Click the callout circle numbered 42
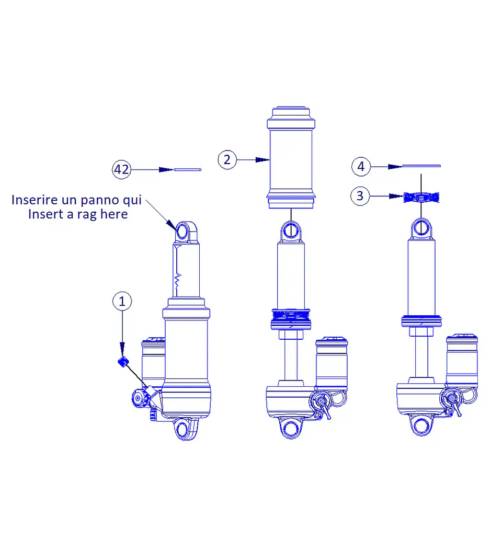click(x=121, y=169)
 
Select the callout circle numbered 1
click(x=122, y=301)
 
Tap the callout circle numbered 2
click(x=227, y=159)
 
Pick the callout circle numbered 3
click(x=360, y=195)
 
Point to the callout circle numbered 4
click(x=361, y=166)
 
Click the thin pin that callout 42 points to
click(x=187, y=170)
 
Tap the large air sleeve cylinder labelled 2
click(x=291, y=157)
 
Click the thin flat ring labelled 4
click(x=421, y=166)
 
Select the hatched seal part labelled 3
click(x=421, y=197)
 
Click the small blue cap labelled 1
click(x=123, y=362)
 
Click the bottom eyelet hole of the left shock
click(x=182, y=430)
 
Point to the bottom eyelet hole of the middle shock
click(x=291, y=428)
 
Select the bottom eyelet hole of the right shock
click(x=421, y=425)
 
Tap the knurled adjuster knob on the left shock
click(x=138, y=398)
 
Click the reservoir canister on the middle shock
click(x=332, y=362)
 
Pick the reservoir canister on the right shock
click(x=462, y=360)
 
